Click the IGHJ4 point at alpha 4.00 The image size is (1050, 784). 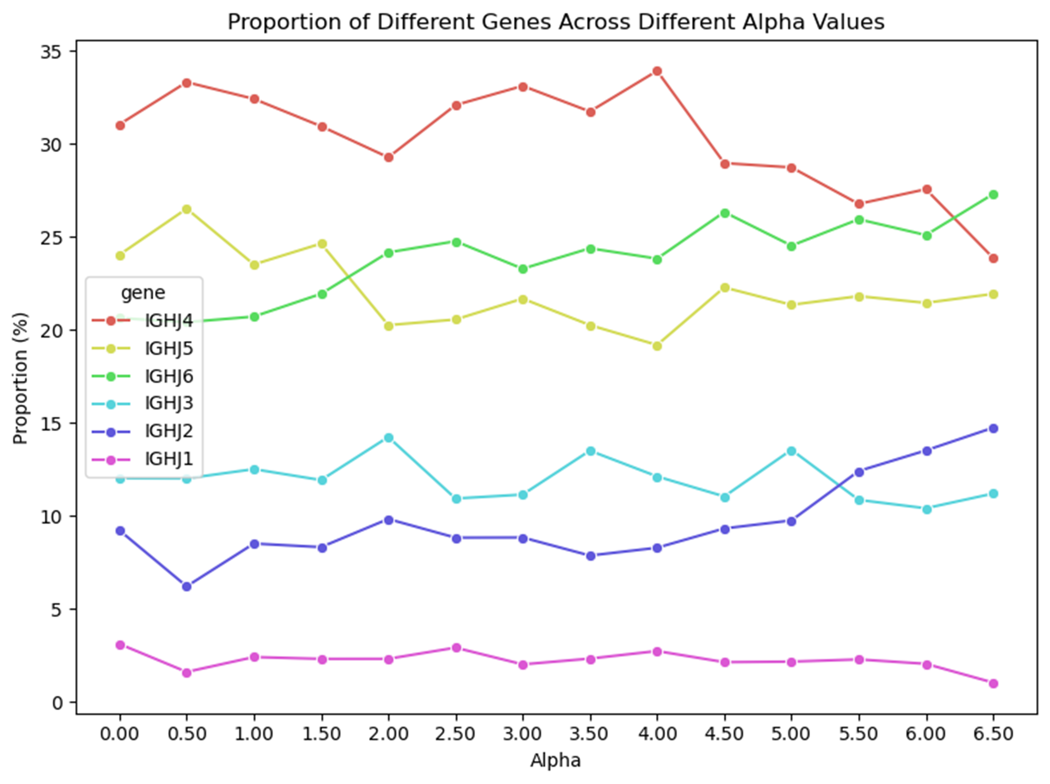pyautogui.click(x=657, y=71)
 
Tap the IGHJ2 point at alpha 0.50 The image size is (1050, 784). pyautogui.click(x=187, y=587)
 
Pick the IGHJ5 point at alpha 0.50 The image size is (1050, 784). pyautogui.click(x=187, y=209)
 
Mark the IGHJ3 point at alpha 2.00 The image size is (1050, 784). pyautogui.click(x=388, y=438)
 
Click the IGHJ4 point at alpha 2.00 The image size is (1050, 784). pyautogui.click(x=388, y=157)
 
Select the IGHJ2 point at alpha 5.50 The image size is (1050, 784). pyautogui.click(x=859, y=472)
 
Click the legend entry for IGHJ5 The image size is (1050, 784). pyautogui.click(x=169, y=348)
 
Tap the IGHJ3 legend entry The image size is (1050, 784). pyautogui.click(x=169, y=403)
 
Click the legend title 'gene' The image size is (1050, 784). pyautogui.click(x=143, y=293)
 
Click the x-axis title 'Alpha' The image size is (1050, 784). pyautogui.click(x=555, y=760)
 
